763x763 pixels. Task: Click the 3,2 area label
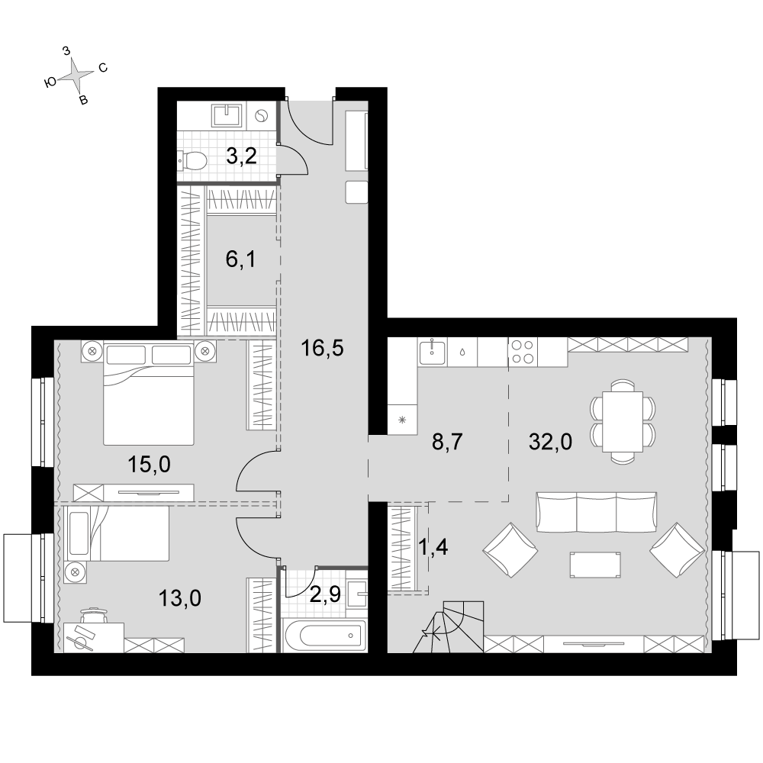tap(242, 156)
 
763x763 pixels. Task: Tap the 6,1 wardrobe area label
tap(240, 259)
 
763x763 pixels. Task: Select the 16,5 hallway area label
tap(322, 348)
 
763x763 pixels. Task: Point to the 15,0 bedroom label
tap(149, 465)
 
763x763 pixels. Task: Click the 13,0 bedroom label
tap(180, 598)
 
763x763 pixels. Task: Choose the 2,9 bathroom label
tap(325, 594)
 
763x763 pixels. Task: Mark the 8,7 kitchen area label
tap(447, 443)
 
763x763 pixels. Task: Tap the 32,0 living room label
tap(550, 443)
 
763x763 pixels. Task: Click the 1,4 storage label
tap(433, 547)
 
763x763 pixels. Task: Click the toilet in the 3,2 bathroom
tap(193, 160)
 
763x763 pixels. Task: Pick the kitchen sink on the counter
tap(432, 353)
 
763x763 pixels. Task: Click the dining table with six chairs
tap(623, 421)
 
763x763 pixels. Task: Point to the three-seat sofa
tap(596, 511)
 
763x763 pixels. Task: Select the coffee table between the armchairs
tap(595, 565)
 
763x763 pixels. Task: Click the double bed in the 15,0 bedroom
tap(149, 394)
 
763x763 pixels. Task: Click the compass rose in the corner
tap(77, 75)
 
